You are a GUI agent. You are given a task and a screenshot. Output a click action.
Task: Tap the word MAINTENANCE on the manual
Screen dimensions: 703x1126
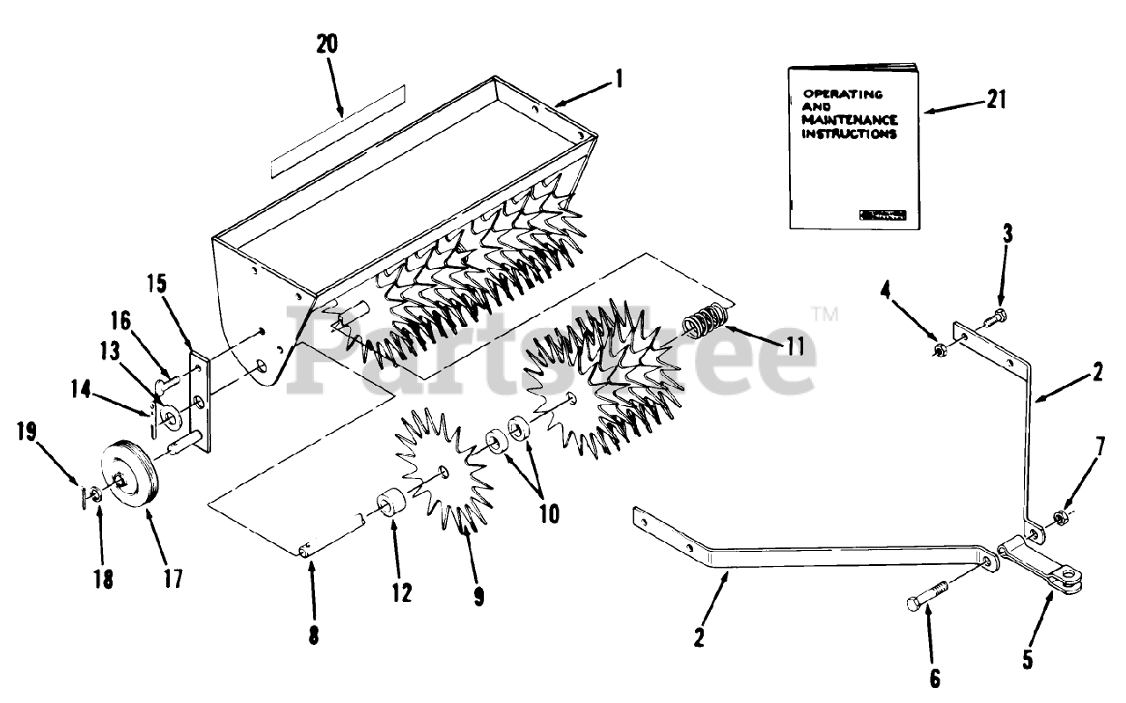click(x=849, y=120)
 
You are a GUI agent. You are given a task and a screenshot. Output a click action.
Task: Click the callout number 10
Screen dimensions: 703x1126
click(x=549, y=513)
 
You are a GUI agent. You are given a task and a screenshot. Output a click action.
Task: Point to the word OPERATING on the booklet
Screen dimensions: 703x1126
click(x=843, y=93)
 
